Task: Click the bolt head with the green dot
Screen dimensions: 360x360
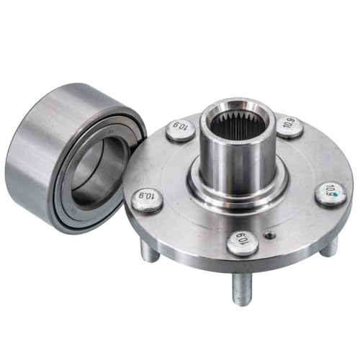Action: pyautogui.click(x=330, y=193)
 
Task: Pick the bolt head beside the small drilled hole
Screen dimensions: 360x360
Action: pyautogui.click(x=243, y=243)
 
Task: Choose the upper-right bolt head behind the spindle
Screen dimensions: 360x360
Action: pyautogui.click(x=289, y=128)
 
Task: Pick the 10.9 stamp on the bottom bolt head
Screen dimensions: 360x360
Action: pyautogui.click(x=243, y=243)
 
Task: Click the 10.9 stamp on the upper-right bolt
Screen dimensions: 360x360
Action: pyautogui.click(x=289, y=128)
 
